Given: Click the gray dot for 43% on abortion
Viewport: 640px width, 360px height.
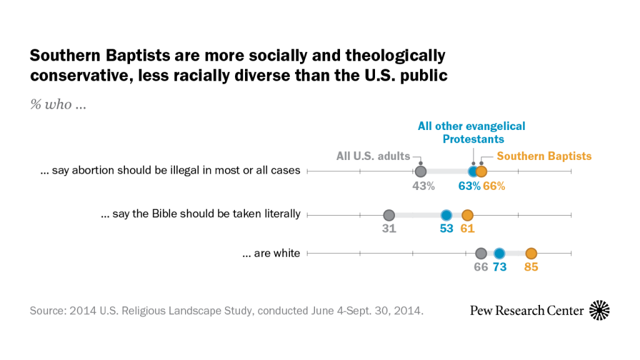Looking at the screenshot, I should click(421, 171).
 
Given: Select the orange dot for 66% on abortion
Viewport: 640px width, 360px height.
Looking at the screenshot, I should click(481, 171).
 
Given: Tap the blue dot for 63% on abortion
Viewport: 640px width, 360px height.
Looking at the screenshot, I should click(473, 171).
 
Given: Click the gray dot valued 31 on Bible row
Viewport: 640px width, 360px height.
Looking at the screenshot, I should click(389, 215).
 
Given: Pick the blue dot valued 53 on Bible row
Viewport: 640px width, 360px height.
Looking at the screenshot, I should click(446, 215).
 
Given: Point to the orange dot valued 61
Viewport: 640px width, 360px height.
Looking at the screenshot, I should click(467, 215).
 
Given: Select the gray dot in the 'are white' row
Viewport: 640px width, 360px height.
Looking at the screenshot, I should click(481, 253).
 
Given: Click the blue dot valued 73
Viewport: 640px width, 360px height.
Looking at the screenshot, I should click(499, 253).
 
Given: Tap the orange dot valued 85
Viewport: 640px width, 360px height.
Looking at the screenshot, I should click(531, 253).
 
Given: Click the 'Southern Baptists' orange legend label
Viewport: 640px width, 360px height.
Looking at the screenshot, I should click(544, 156).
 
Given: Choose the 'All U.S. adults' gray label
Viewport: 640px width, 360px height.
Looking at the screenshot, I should click(373, 156).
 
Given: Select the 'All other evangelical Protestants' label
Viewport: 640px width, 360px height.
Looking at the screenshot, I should click(472, 132).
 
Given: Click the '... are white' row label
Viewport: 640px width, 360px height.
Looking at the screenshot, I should click(271, 254).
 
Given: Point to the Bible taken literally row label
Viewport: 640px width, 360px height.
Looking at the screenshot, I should click(201, 214).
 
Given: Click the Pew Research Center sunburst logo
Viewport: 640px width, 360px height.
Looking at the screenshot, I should click(599, 310).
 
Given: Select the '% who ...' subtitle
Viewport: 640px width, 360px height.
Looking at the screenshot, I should click(58, 104).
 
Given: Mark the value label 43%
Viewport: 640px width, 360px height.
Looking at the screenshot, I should click(423, 186).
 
